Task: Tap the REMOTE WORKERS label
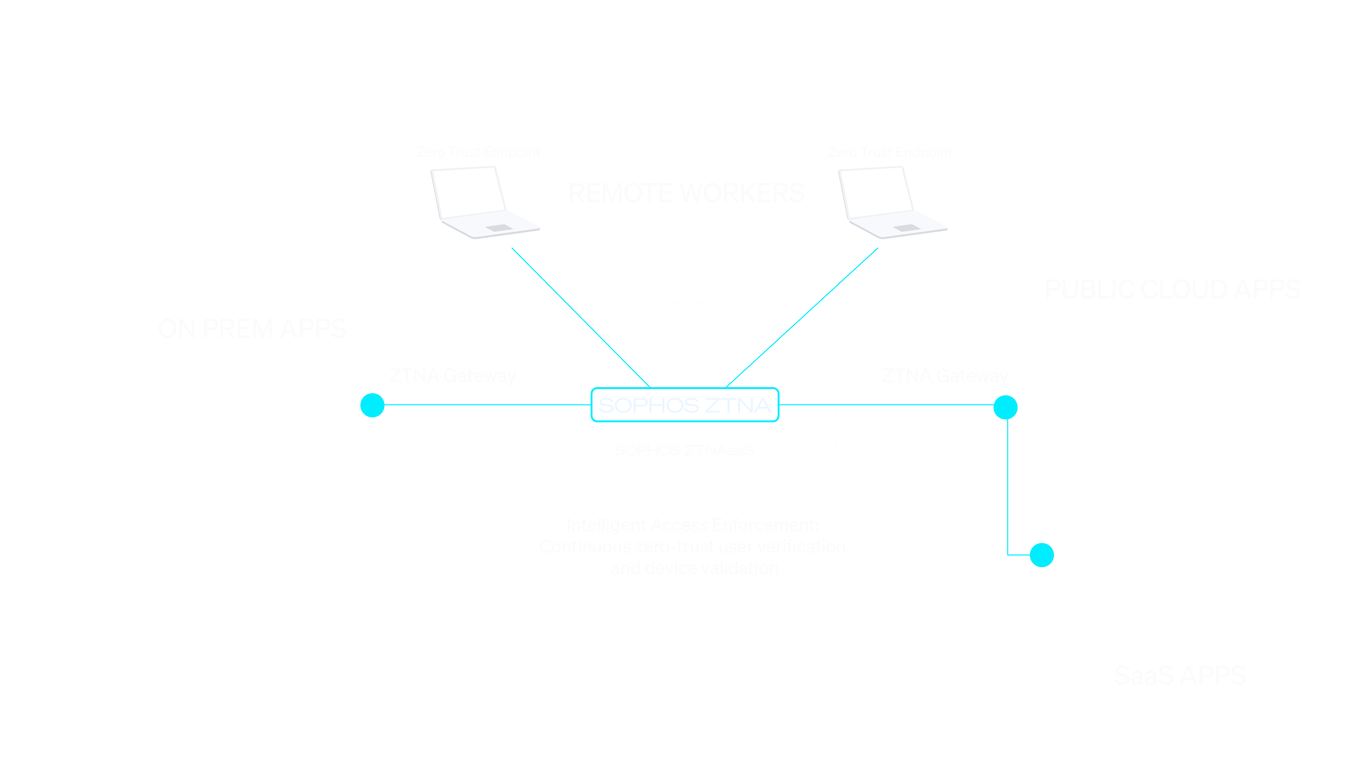point(686,193)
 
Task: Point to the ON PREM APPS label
point(252,329)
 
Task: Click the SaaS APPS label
point(1180,676)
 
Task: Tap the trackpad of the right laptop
point(907,228)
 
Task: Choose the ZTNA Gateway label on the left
point(452,376)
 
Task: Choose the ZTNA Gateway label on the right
point(945,376)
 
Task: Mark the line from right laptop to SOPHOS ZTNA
point(802,317)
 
